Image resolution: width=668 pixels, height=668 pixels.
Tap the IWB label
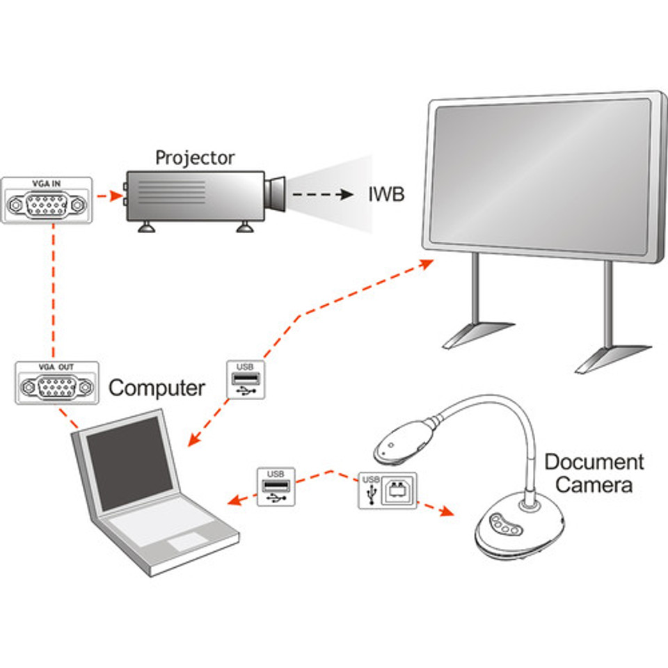386,194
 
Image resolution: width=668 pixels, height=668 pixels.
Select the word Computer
157,388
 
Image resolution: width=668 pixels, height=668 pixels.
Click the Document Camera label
594,473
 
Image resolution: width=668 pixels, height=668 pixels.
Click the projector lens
277,194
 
